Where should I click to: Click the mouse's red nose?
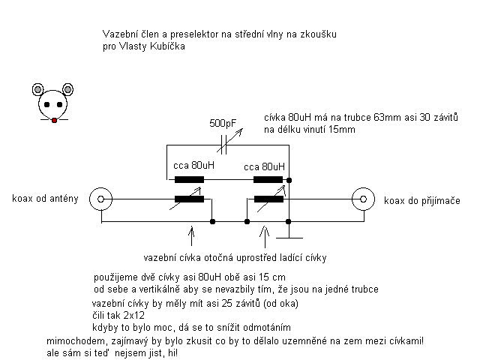click(54, 120)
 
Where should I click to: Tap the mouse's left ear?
click(37, 89)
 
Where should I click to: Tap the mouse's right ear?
click(67, 89)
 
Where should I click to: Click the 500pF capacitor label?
click(223, 123)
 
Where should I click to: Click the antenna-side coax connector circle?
click(100, 199)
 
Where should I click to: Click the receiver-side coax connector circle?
click(363, 199)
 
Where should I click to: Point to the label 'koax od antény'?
click(45, 198)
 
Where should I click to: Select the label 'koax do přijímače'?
click(422, 200)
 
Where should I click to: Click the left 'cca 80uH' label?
click(193, 165)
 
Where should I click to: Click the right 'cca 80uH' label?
click(265, 166)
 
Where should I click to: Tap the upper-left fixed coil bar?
click(189, 180)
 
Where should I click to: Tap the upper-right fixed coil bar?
click(268, 180)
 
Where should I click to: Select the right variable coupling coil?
click(268, 199)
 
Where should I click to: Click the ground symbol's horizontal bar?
click(289, 238)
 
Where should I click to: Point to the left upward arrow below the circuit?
click(192, 236)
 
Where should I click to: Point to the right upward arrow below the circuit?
click(265, 237)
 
